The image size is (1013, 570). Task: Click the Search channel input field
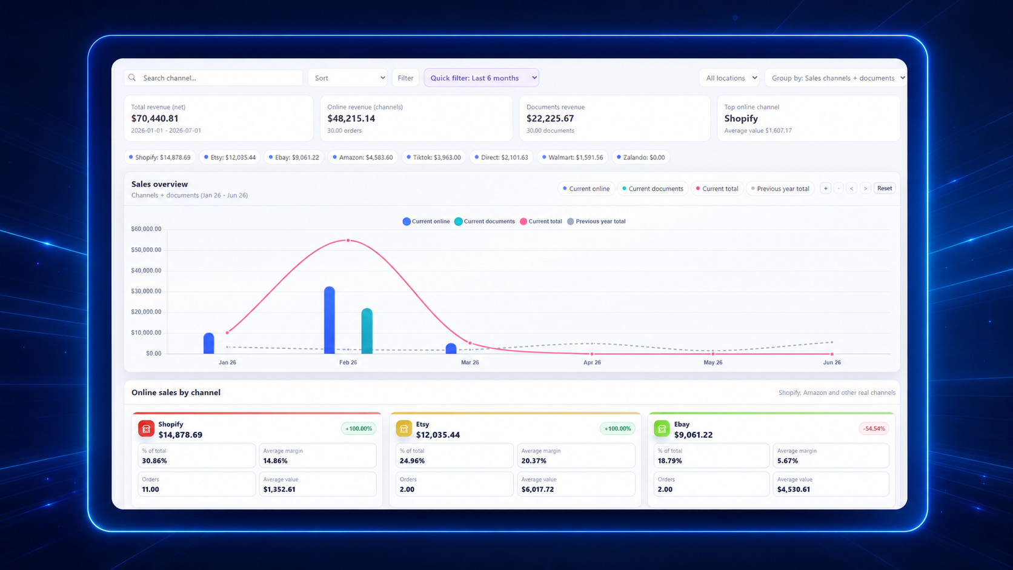tap(213, 78)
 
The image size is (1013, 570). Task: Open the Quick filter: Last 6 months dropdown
tap(481, 78)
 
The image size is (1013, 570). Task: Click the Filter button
tap(405, 78)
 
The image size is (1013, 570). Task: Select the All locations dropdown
tap(729, 78)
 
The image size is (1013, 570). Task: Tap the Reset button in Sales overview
tap(884, 188)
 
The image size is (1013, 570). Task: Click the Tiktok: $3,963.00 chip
tap(434, 157)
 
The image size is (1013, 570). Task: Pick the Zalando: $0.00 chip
tap(641, 157)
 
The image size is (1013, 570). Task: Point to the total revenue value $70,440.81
tap(154, 119)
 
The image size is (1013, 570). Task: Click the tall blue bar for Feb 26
tap(329, 320)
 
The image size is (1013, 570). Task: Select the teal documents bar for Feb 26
tap(367, 331)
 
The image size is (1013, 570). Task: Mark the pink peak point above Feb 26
tap(348, 240)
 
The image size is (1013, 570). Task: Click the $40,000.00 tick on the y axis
tap(146, 270)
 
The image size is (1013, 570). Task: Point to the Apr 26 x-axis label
tap(592, 362)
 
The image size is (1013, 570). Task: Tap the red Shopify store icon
tap(146, 428)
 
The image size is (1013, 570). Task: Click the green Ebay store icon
tap(662, 428)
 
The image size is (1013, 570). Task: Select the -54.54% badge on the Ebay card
tap(874, 428)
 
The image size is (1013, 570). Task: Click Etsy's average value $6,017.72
tap(539, 489)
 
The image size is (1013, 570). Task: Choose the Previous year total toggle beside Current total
tap(780, 188)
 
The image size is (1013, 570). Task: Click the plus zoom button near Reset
tap(825, 188)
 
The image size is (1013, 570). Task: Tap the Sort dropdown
tap(347, 78)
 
